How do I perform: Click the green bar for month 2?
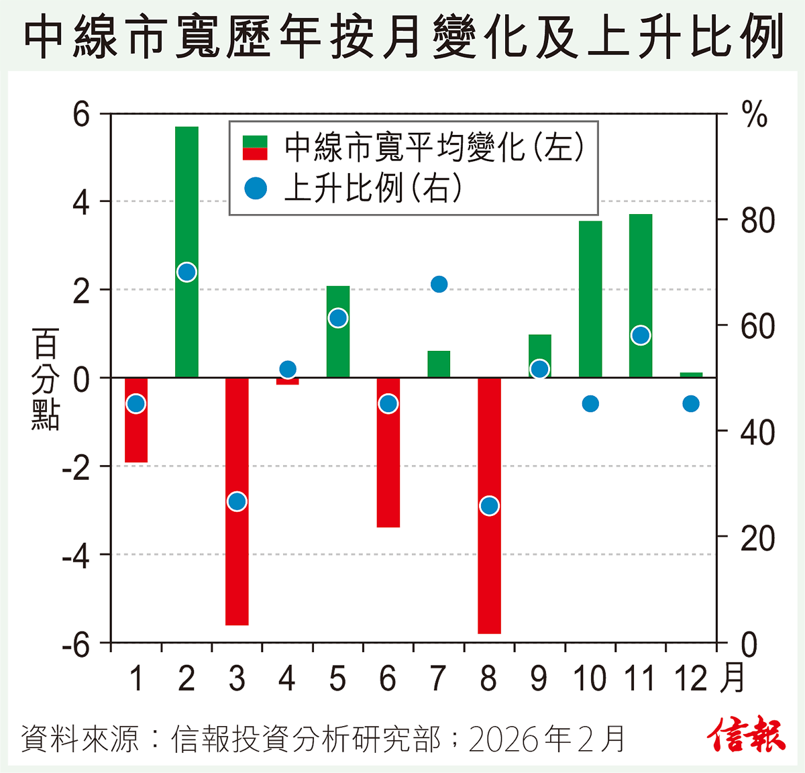186,201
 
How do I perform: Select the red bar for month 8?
489,570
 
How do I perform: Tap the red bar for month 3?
237,570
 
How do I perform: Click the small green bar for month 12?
691,374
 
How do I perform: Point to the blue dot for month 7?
439,285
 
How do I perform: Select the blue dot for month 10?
590,403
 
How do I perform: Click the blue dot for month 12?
691,403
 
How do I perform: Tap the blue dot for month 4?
288,369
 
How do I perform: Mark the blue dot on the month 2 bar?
186,272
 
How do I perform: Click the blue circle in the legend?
256,189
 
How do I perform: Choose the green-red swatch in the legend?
255,148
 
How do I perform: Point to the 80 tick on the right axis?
757,221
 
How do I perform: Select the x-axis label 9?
539,679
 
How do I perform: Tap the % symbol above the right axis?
755,115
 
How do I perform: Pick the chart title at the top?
402,36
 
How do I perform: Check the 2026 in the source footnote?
503,739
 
